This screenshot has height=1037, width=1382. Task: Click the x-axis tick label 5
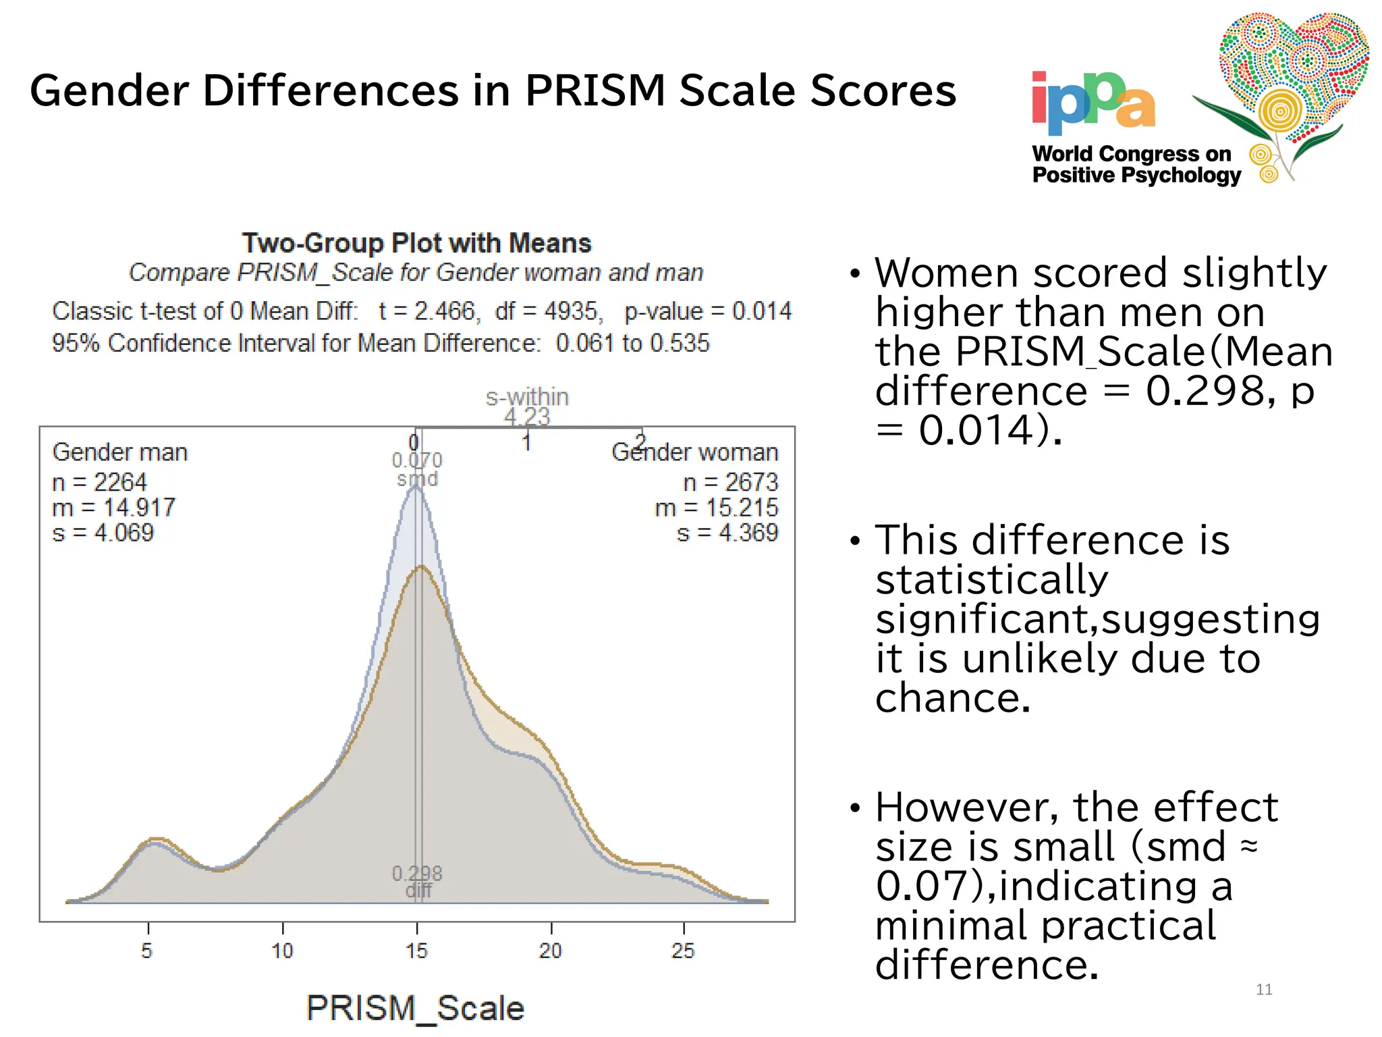coord(147,951)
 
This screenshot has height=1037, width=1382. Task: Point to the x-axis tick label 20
coord(551,951)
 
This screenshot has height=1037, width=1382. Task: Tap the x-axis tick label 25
coord(683,951)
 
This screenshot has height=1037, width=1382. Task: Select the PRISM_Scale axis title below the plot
coord(415,1008)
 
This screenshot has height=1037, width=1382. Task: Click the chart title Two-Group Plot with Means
coord(416,243)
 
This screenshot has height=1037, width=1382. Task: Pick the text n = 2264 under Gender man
coord(99,482)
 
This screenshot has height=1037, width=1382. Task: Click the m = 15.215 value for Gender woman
coord(716,508)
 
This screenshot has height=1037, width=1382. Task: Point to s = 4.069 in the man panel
coord(103,533)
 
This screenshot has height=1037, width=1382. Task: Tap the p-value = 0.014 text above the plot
coord(707,311)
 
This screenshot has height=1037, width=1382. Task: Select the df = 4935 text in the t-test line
coord(547,311)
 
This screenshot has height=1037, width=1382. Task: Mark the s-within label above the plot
coord(527,397)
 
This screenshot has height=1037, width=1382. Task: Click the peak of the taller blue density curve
coord(415,487)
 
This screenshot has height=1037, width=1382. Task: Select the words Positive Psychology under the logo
coord(1136,176)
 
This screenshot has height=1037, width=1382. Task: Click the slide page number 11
coord(1264,990)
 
